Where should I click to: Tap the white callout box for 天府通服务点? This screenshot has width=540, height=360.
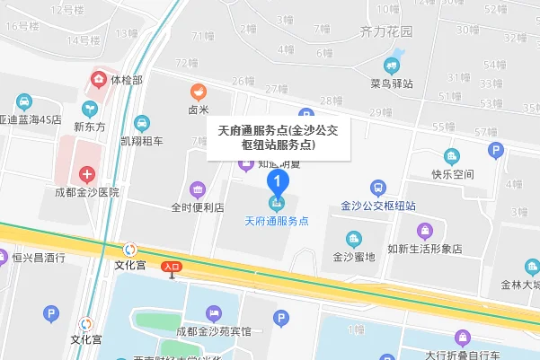[270, 137]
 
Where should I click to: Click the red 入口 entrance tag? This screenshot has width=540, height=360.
[172, 267]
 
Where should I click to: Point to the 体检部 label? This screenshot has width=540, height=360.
[126, 80]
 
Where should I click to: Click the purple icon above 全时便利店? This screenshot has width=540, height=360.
[198, 189]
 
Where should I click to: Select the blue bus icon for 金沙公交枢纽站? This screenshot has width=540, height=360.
[378, 189]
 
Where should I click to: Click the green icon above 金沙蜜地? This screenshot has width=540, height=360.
[355, 239]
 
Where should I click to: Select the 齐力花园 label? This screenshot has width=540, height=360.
[385, 31]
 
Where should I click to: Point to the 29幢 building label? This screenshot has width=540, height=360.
[381, 112]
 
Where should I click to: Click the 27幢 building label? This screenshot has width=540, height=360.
[278, 89]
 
